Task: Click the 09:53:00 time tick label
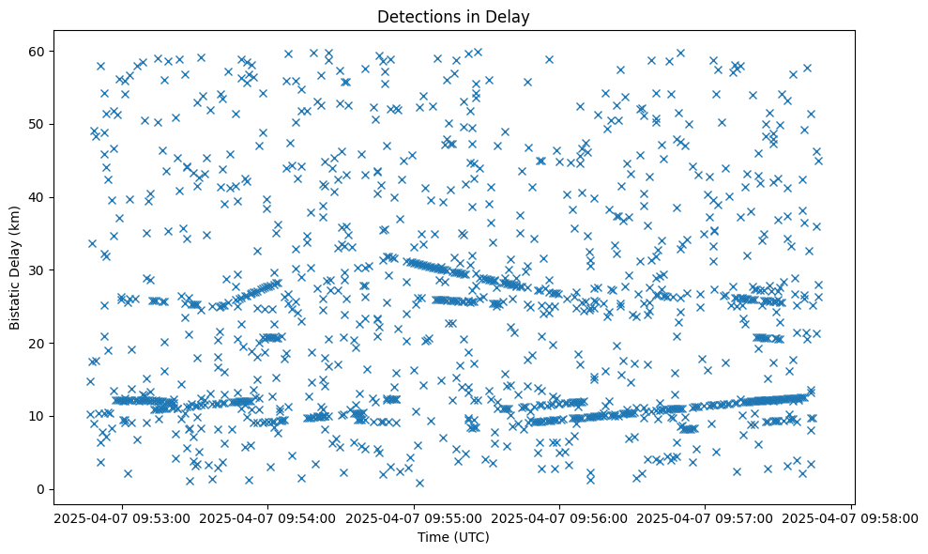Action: pos(121,517)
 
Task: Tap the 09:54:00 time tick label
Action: pos(267,517)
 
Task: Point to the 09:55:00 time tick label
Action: pos(414,517)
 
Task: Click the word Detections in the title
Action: pos(414,16)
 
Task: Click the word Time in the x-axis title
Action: pos(434,537)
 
